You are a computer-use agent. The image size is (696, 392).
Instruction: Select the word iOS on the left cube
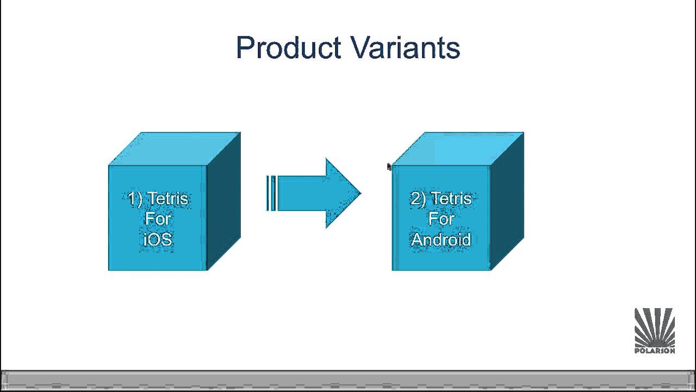click(158, 239)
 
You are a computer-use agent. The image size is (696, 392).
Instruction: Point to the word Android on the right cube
click(440, 239)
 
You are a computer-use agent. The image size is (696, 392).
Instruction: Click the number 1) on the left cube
click(136, 199)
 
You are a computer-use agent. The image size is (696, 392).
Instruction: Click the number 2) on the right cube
click(419, 199)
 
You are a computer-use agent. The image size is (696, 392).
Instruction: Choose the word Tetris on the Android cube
click(451, 199)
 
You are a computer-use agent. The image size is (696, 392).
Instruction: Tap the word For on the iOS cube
click(158, 219)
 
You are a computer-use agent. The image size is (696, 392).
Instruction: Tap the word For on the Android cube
click(441, 219)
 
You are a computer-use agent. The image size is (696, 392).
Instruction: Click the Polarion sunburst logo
click(655, 327)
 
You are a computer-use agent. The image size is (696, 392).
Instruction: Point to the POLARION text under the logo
click(655, 351)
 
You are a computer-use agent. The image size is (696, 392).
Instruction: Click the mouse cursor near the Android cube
click(389, 167)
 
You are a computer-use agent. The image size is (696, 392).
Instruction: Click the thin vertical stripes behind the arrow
click(271, 193)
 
